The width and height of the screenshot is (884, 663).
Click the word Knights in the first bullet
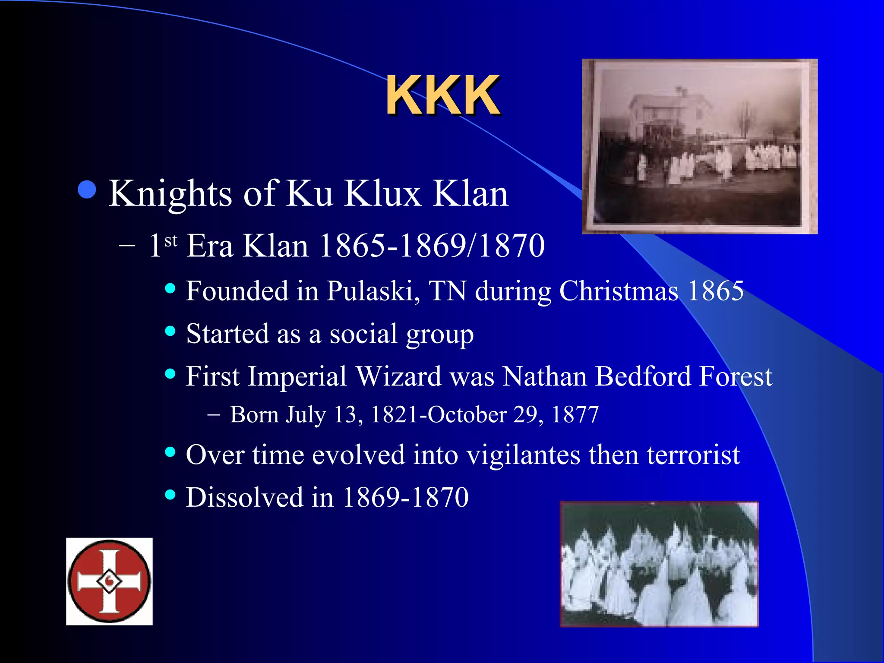point(170,194)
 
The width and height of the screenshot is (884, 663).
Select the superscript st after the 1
point(171,240)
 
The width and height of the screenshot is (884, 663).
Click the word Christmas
point(619,291)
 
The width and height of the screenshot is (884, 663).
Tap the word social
point(363,334)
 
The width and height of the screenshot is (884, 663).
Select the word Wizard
point(399,376)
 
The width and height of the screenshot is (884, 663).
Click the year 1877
point(575,415)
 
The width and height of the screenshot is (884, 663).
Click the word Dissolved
point(244,497)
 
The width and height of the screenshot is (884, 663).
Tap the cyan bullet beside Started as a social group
point(170,331)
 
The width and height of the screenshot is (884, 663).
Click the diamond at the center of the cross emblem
point(109,581)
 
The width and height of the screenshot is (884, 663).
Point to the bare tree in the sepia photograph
point(745,121)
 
